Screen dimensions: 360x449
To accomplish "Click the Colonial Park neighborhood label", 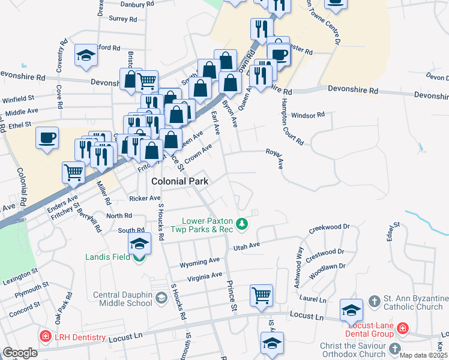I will [180, 181].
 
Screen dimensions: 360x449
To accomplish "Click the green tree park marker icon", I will [242, 224].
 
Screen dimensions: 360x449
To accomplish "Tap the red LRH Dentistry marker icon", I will [44, 337].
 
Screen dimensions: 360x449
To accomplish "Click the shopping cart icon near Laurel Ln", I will [261, 295].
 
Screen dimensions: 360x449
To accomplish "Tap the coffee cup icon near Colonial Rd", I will [47, 138].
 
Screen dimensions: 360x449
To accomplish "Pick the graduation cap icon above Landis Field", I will [139, 243].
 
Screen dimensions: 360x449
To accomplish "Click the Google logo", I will [20, 353].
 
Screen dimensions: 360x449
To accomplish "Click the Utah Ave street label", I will [246, 245].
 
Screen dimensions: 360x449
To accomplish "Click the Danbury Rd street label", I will [137, 4].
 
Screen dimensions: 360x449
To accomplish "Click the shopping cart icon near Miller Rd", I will [73, 173].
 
